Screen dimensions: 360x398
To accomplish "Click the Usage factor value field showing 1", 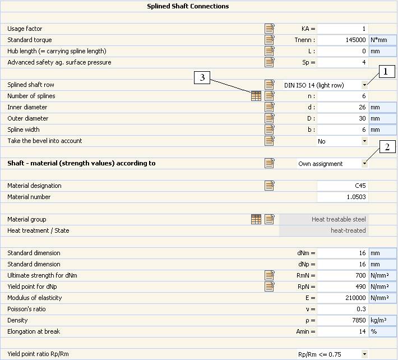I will [343, 29].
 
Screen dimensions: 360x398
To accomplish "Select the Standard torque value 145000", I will [343, 40].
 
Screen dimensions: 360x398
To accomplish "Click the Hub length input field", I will [343, 51].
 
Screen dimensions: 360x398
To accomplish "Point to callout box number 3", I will [202, 78].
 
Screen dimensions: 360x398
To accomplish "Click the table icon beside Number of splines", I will [256, 96].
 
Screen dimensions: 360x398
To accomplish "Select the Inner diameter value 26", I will [343, 107].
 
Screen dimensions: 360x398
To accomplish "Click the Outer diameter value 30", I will [343, 118].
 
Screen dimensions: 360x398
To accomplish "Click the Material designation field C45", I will [343, 186].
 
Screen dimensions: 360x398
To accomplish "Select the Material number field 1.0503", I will [343, 197].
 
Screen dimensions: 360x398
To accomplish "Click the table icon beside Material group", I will [256, 219].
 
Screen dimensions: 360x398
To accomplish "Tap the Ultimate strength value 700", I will [343, 275].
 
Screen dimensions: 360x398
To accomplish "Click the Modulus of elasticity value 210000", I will [343, 298].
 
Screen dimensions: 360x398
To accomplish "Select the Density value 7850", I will [343, 320].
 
